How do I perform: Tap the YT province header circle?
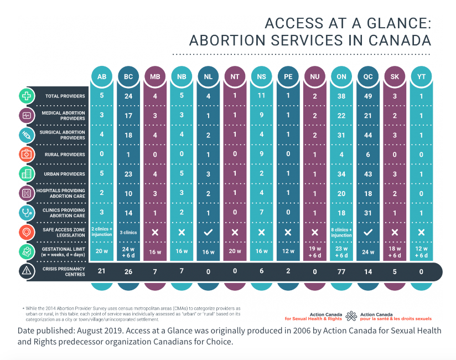(421, 76)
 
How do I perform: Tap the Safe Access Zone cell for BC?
(128, 233)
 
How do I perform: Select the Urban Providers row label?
(65, 174)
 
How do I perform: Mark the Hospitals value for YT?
(421, 193)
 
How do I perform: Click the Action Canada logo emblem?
(350, 316)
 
